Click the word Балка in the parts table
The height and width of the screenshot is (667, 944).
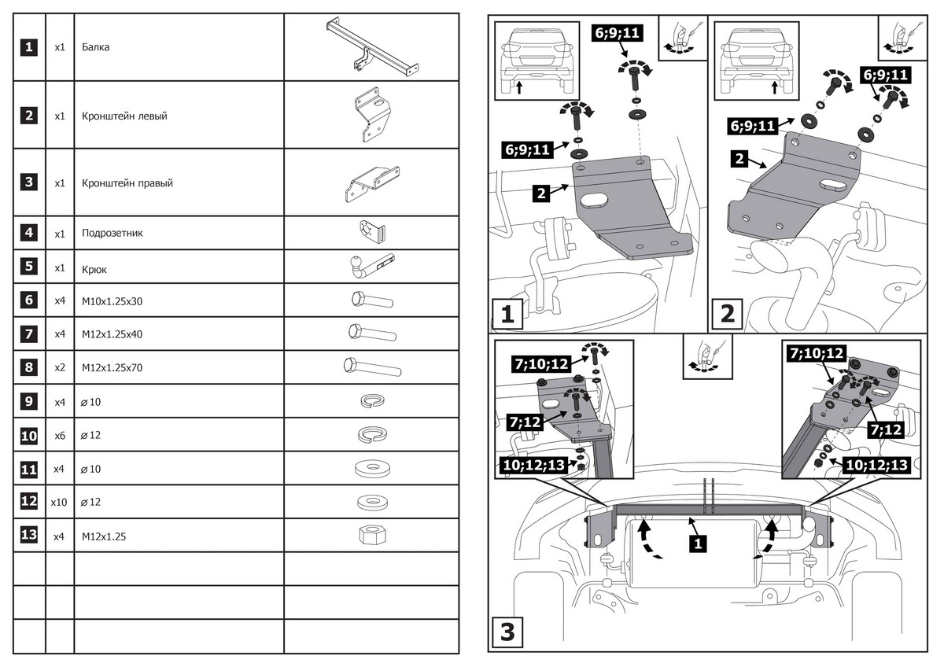click(95, 47)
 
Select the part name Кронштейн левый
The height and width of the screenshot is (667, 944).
click(124, 116)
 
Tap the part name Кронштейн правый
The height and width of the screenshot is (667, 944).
click(127, 183)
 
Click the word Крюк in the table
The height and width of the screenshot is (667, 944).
click(94, 268)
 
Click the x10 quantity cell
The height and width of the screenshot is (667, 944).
click(59, 502)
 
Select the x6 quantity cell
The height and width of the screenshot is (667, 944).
click(59, 435)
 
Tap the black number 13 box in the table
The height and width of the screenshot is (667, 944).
click(28, 536)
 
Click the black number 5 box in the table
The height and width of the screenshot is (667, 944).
click(28, 267)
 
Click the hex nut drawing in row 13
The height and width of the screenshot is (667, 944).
click(371, 536)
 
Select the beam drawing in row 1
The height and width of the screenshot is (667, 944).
click(371, 46)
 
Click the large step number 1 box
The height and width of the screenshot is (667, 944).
click(507, 314)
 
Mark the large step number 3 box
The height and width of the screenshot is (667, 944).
click(507, 632)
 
